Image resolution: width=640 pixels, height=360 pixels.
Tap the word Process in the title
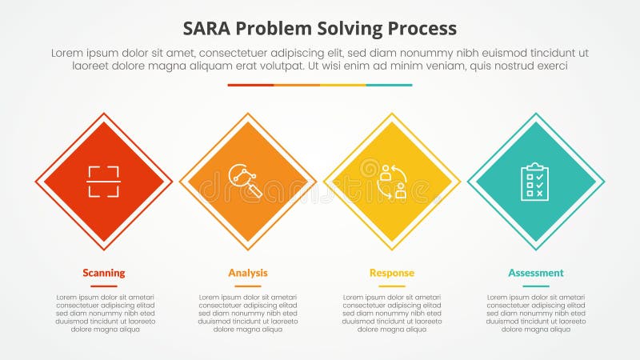coord(421,28)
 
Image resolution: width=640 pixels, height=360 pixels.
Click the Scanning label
coord(104,273)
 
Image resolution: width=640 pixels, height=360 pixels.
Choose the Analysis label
coord(248,273)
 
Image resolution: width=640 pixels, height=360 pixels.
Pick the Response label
coord(392,273)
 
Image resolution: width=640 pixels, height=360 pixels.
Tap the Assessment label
coord(536,273)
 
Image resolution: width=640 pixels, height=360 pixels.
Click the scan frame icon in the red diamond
coord(104,182)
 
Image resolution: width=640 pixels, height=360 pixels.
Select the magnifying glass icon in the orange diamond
coord(247,182)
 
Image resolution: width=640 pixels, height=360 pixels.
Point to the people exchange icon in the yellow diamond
coord(392,182)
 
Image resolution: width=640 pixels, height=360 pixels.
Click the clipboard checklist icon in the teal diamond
coord(535,182)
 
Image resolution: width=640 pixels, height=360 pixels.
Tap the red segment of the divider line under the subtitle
coord(250,85)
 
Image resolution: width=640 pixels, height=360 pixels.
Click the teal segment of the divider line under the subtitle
coord(390,85)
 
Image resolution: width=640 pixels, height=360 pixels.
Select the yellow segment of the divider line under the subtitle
coord(343,85)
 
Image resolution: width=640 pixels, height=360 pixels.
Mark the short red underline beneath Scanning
coord(104,286)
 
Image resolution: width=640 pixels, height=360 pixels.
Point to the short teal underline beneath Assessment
coord(536,286)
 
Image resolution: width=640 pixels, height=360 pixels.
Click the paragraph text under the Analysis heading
coord(248,313)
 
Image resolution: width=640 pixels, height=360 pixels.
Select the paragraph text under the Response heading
coord(392,313)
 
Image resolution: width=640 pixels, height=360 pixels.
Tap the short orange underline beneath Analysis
coord(248,286)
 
